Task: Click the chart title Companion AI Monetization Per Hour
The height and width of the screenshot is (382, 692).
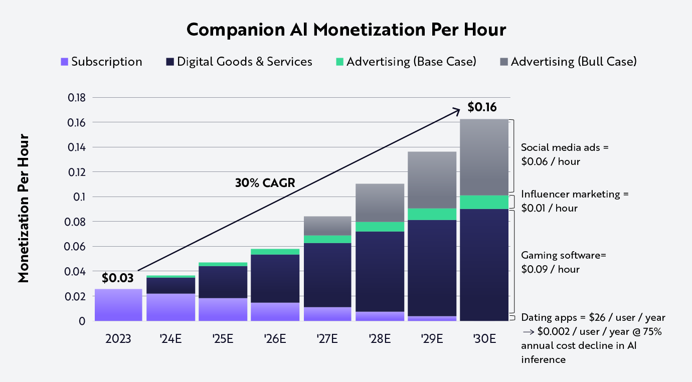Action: pyautogui.click(x=346, y=30)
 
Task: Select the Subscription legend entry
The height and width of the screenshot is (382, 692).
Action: pyautogui.click(x=101, y=62)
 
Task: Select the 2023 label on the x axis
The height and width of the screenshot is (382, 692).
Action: pyautogui.click(x=118, y=338)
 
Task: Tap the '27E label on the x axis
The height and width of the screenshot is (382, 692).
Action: pyautogui.click(x=327, y=338)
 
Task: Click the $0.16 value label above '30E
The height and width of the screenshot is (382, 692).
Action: pyautogui.click(x=482, y=107)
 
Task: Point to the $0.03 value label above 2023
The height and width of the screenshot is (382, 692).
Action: pyautogui.click(x=117, y=278)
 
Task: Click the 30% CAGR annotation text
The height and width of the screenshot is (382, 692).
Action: pyautogui.click(x=265, y=183)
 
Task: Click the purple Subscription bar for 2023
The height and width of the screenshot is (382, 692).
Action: pyautogui.click(x=118, y=305)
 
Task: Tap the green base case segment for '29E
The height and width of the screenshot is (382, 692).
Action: pyautogui.click(x=431, y=214)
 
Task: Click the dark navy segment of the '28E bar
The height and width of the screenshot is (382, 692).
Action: pyautogui.click(x=380, y=271)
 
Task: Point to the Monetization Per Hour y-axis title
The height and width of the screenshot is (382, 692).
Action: pyautogui.click(x=23, y=209)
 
